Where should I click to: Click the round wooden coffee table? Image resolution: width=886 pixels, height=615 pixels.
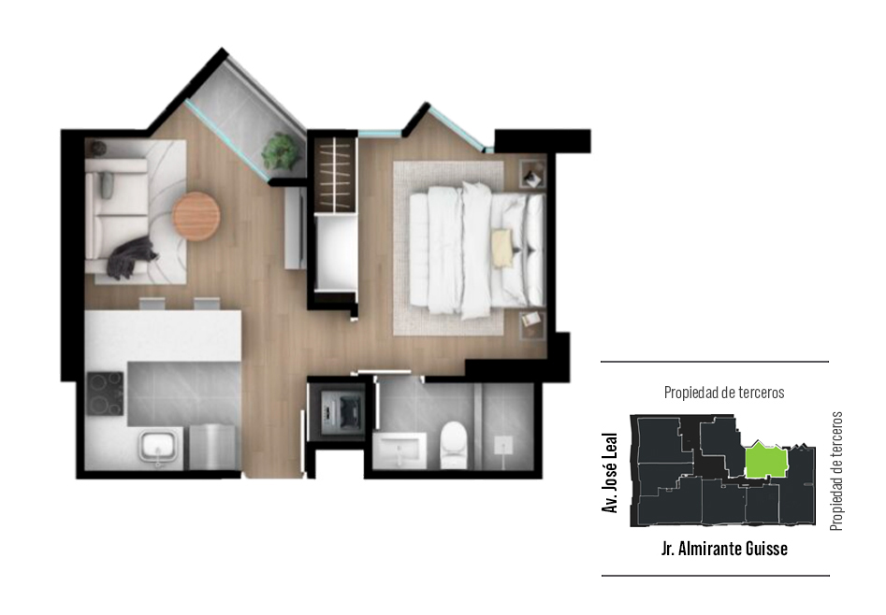tap(196, 216)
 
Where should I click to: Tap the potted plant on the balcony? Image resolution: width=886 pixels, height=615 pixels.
tap(280, 150)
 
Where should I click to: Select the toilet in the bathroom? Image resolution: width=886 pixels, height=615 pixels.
tap(453, 445)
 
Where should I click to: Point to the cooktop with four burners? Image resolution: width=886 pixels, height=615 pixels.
tap(105, 393)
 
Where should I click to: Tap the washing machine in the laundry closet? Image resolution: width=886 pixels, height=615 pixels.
tap(341, 409)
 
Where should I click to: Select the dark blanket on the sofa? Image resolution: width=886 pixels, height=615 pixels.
tap(134, 258)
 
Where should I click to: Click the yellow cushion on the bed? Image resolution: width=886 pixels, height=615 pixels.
tap(502, 248)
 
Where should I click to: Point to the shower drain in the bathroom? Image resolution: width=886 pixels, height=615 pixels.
tap(502, 446)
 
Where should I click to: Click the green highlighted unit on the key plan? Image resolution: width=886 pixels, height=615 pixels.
tap(765, 460)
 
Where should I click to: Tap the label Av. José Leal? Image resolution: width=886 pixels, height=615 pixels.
tap(610, 473)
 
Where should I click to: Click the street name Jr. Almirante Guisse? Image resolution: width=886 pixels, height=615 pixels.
tap(724, 549)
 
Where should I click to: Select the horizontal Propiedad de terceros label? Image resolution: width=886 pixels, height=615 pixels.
tap(724, 393)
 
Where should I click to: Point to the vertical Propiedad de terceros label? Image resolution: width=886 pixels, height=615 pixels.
tap(836, 471)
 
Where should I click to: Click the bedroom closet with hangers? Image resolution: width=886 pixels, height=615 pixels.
tap(336, 174)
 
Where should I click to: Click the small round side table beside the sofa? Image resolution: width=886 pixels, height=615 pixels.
tap(97, 149)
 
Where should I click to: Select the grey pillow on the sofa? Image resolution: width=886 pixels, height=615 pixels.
tap(108, 185)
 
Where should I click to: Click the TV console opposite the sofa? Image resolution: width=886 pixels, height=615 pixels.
tap(295, 228)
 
